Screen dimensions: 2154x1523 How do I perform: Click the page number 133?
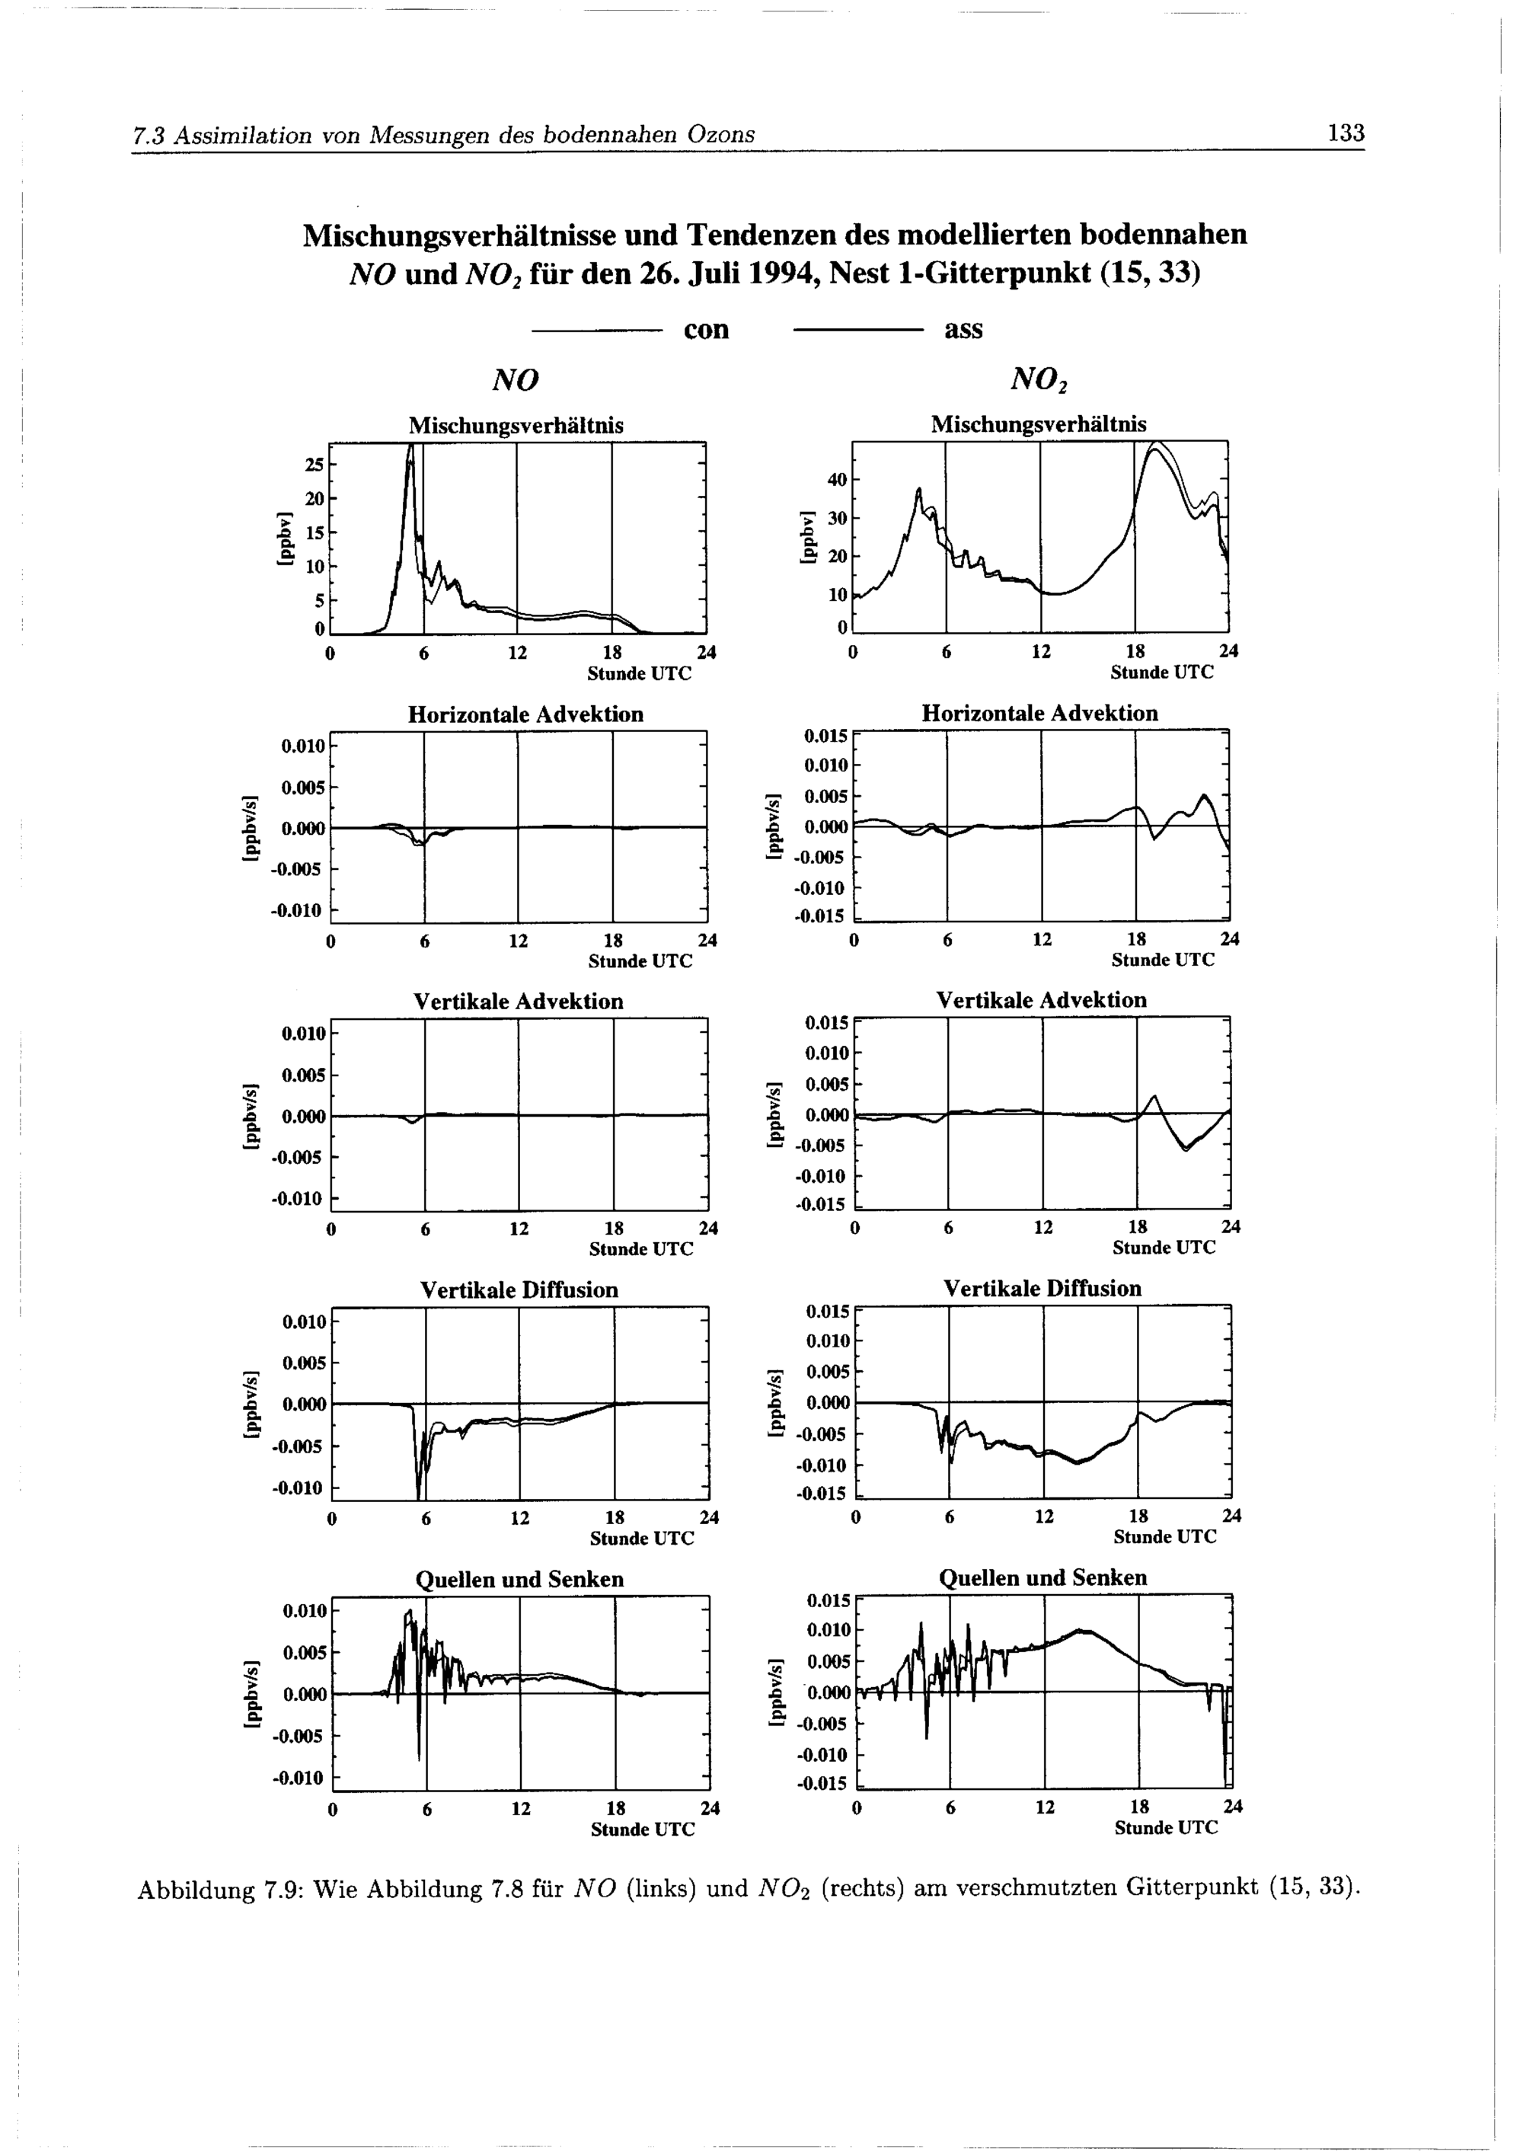tap(1345, 133)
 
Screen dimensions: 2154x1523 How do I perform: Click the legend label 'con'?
tap(706, 331)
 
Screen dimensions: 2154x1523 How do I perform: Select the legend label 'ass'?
tap(963, 331)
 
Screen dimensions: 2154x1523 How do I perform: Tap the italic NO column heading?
tap(516, 380)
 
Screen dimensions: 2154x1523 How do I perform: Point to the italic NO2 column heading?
tap(1040, 380)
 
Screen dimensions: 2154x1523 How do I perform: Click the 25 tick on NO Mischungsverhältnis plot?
tap(314, 465)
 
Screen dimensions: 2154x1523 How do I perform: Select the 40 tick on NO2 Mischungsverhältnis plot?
tap(837, 481)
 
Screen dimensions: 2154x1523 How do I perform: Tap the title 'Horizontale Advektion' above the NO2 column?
tap(1039, 713)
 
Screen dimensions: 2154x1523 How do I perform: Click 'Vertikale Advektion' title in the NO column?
tap(518, 1002)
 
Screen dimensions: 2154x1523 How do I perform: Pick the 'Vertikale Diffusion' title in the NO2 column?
tap(1042, 1288)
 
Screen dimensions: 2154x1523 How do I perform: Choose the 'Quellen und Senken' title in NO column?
tap(519, 1580)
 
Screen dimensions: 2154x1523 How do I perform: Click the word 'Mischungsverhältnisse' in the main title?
tap(459, 235)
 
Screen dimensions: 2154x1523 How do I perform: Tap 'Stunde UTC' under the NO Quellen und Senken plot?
tap(643, 1830)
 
